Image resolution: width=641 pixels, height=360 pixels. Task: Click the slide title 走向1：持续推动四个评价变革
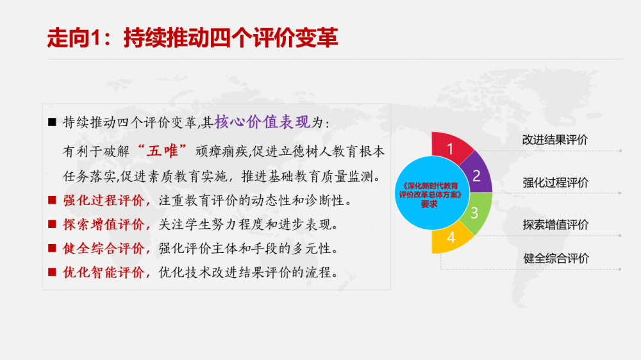[x=192, y=38]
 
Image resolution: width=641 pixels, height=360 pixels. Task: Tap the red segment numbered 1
[x=451, y=147]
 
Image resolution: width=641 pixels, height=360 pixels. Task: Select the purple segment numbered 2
[x=478, y=174]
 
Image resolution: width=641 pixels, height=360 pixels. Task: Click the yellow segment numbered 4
[x=451, y=238]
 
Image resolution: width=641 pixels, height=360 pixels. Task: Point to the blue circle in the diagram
[x=431, y=193]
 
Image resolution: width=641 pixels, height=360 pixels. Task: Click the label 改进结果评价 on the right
[x=554, y=140]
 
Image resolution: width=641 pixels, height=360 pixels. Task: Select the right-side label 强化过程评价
[x=555, y=183]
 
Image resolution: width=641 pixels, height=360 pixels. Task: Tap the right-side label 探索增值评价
[x=555, y=225]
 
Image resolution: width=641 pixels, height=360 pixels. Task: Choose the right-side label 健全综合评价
[x=556, y=258]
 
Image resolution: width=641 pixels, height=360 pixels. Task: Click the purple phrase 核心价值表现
[x=262, y=122]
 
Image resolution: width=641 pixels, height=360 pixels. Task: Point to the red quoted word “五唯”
[x=162, y=151]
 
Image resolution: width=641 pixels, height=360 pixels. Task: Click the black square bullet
[x=52, y=122]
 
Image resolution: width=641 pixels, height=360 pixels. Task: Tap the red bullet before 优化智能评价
[x=52, y=272]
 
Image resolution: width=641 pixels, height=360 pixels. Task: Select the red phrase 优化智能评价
[x=103, y=272]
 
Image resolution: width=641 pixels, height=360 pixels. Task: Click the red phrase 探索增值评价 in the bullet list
[x=103, y=224]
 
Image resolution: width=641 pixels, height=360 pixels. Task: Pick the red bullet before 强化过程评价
[x=52, y=200]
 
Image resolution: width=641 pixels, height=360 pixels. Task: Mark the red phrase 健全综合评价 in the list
[x=103, y=249]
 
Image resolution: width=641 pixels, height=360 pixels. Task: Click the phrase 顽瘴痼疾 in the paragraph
[x=222, y=152]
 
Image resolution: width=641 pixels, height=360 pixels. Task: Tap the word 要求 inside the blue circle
[x=429, y=204]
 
